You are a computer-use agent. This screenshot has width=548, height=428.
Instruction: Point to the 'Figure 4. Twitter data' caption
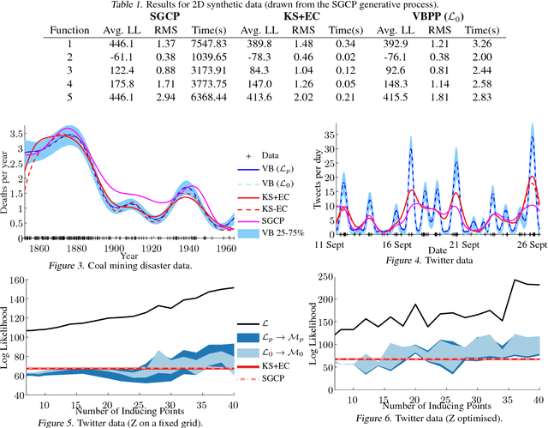pyautogui.click(x=426, y=258)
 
